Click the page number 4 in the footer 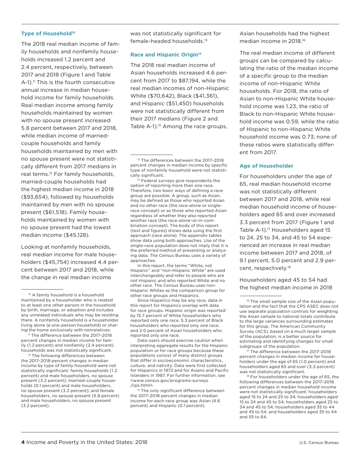23,443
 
